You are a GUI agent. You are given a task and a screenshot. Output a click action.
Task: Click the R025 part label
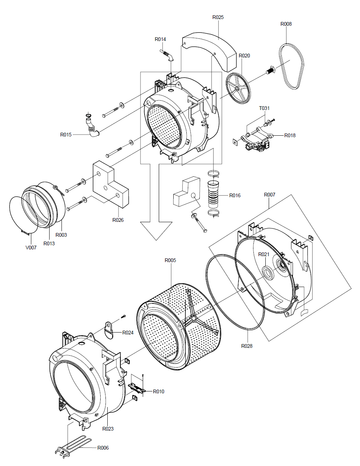tap(218, 18)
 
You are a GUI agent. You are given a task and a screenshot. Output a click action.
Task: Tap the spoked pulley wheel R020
tap(238, 88)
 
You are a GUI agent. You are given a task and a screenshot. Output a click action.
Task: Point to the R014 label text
tap(160, 39)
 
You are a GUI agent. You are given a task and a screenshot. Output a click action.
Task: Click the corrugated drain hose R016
tap(213, 195)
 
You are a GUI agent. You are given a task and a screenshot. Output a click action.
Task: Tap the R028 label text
tap(247, 346)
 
